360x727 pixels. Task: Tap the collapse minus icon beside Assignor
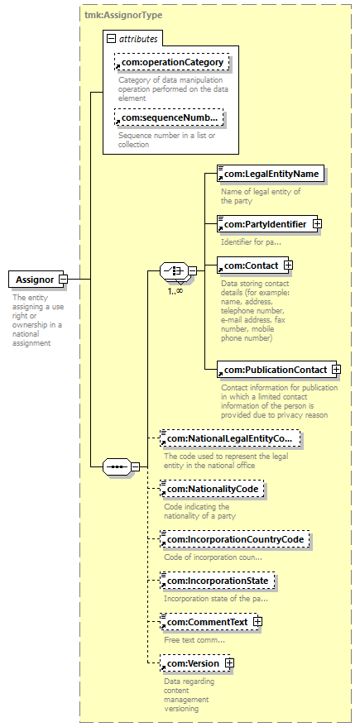point(63,280)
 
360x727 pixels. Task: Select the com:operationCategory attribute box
point(172,62)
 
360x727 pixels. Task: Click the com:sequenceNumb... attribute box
point(169,117)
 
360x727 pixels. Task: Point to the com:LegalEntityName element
point(271,174)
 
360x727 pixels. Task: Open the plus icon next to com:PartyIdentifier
point(317,224)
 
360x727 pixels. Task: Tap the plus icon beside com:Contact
point(288,265)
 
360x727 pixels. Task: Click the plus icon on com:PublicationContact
point(336,370)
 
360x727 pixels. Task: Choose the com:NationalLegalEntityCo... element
point(230,438)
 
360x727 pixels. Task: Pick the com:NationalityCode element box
point(212,488)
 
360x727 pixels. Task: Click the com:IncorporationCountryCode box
point(235,539)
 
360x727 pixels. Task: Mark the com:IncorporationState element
point(218,580)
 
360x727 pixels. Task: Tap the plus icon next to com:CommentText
point(258,622)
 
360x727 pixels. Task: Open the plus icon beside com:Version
point(229,663)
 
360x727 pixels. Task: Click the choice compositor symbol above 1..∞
point(175,270)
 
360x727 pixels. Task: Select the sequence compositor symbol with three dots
point(117,466)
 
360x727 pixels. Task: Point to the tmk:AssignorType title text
point(123,15)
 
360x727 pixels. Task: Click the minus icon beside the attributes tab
point(111,39)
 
